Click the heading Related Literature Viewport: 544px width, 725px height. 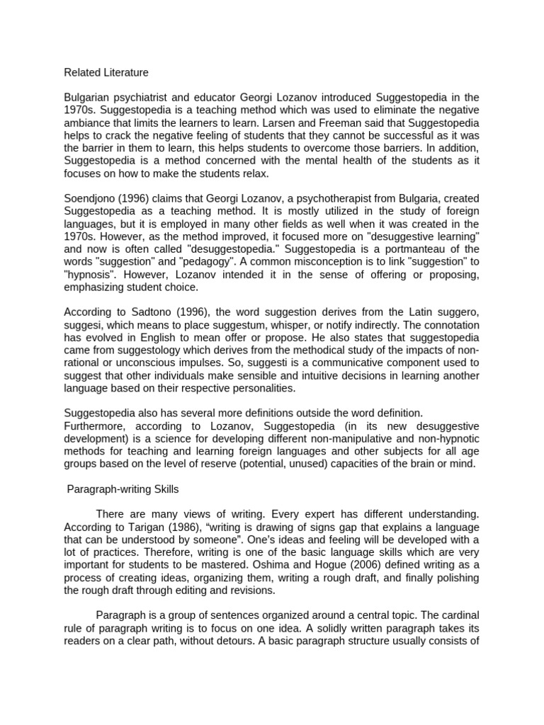coord(106,72)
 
